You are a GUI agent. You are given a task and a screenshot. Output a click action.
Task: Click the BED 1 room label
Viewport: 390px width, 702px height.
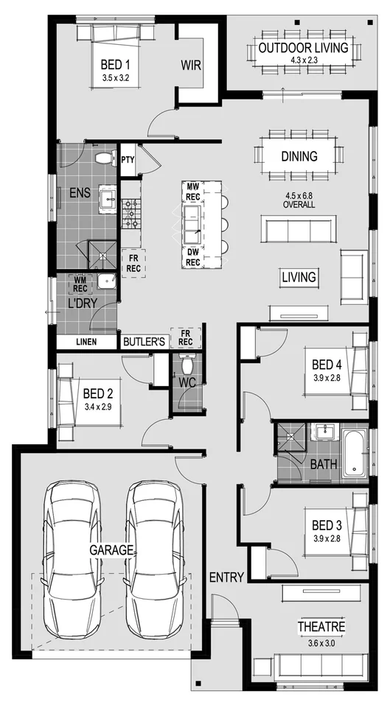[114, 64]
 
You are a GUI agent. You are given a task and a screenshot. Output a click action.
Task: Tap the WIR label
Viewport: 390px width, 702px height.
[191, 65]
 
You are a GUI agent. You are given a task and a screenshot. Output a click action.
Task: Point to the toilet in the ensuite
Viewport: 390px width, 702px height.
[102, 157]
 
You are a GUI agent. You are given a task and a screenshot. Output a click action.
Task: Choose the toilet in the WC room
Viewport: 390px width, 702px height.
[187, 363]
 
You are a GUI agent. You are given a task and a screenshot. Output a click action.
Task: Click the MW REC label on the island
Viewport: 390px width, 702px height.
[193, 192]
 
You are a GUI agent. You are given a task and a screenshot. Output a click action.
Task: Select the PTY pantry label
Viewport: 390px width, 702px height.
[128, 159]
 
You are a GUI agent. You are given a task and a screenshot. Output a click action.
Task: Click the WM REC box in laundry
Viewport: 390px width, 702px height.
[80, 284]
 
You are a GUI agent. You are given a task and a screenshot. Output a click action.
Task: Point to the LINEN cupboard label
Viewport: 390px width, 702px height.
[87, 342]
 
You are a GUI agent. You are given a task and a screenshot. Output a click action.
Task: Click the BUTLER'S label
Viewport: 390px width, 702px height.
[144, 342]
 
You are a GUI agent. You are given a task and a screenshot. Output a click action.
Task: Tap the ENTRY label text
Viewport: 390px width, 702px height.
[226, 577]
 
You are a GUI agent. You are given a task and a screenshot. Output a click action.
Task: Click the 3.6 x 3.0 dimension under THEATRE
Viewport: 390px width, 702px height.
[321, 640]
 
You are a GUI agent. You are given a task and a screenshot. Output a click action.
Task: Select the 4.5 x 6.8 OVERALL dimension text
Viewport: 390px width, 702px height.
[299, 200]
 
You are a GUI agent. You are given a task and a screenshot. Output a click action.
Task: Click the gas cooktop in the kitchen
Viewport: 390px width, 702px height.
[131, 212]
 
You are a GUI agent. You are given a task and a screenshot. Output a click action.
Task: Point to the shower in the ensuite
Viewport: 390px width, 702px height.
[103, 256]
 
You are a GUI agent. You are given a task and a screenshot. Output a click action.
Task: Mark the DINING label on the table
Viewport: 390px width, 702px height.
[299, 156]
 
